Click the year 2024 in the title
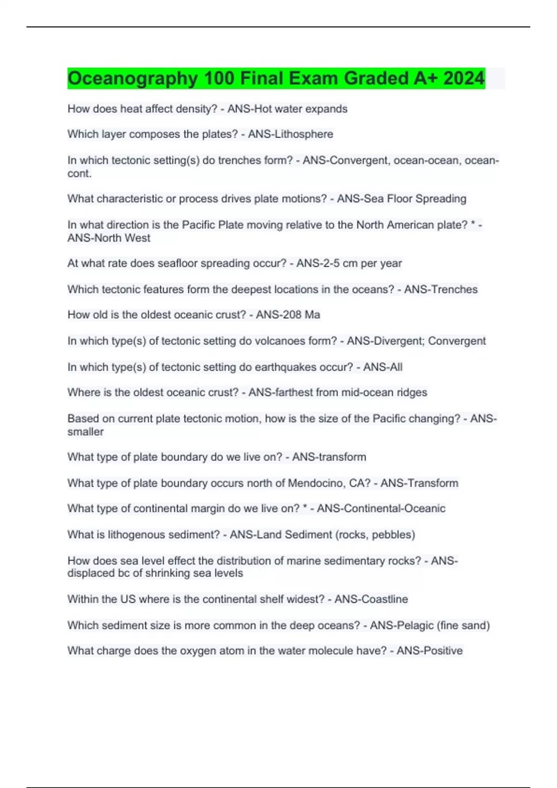pos(464,78)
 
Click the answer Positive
pos(441,651)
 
